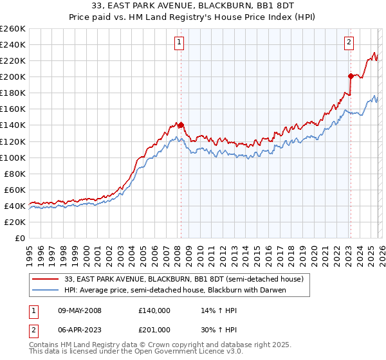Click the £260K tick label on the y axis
coord(12,29)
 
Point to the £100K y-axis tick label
coord(12,157)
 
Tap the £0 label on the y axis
coord(20,238)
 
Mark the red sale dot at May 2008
coord(181,125)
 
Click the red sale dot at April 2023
coord(351,76)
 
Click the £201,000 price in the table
coord(154,329)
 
